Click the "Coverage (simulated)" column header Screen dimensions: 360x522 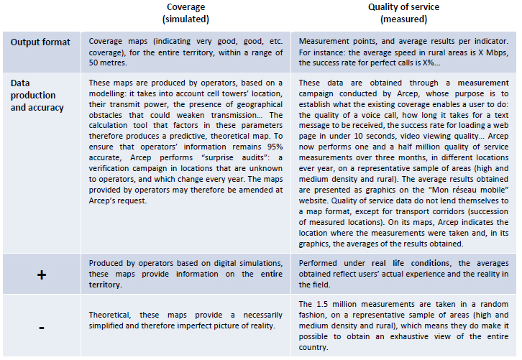pyautogui.click(x=186, y=13)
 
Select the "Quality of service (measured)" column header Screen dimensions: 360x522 pyautogui.click(x=403, y=13)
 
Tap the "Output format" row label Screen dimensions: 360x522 pyautogui.click(x=40, y=42)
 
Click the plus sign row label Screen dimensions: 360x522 pyautogui.click(x=41, y=274)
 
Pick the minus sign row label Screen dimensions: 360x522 pyautogui.click(x=41, y=326)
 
